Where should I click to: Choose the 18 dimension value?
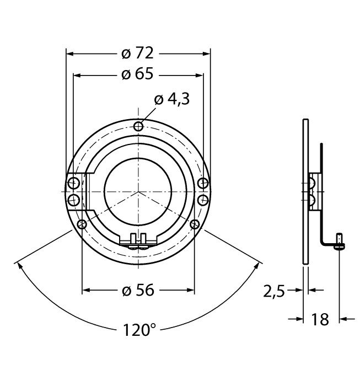click(x=320, y=319)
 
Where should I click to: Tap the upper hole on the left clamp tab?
click(x=73, y=183)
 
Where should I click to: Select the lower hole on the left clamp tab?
click(x=73, y=199)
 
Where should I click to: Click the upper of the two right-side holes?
click(x=203, y=183)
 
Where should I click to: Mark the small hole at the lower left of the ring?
click(x=82, y=224)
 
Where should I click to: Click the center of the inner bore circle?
click(x=138, y=191)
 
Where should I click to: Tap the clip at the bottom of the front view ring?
click(x=138, y=242)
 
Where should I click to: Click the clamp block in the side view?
click(x=314, y=191)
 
